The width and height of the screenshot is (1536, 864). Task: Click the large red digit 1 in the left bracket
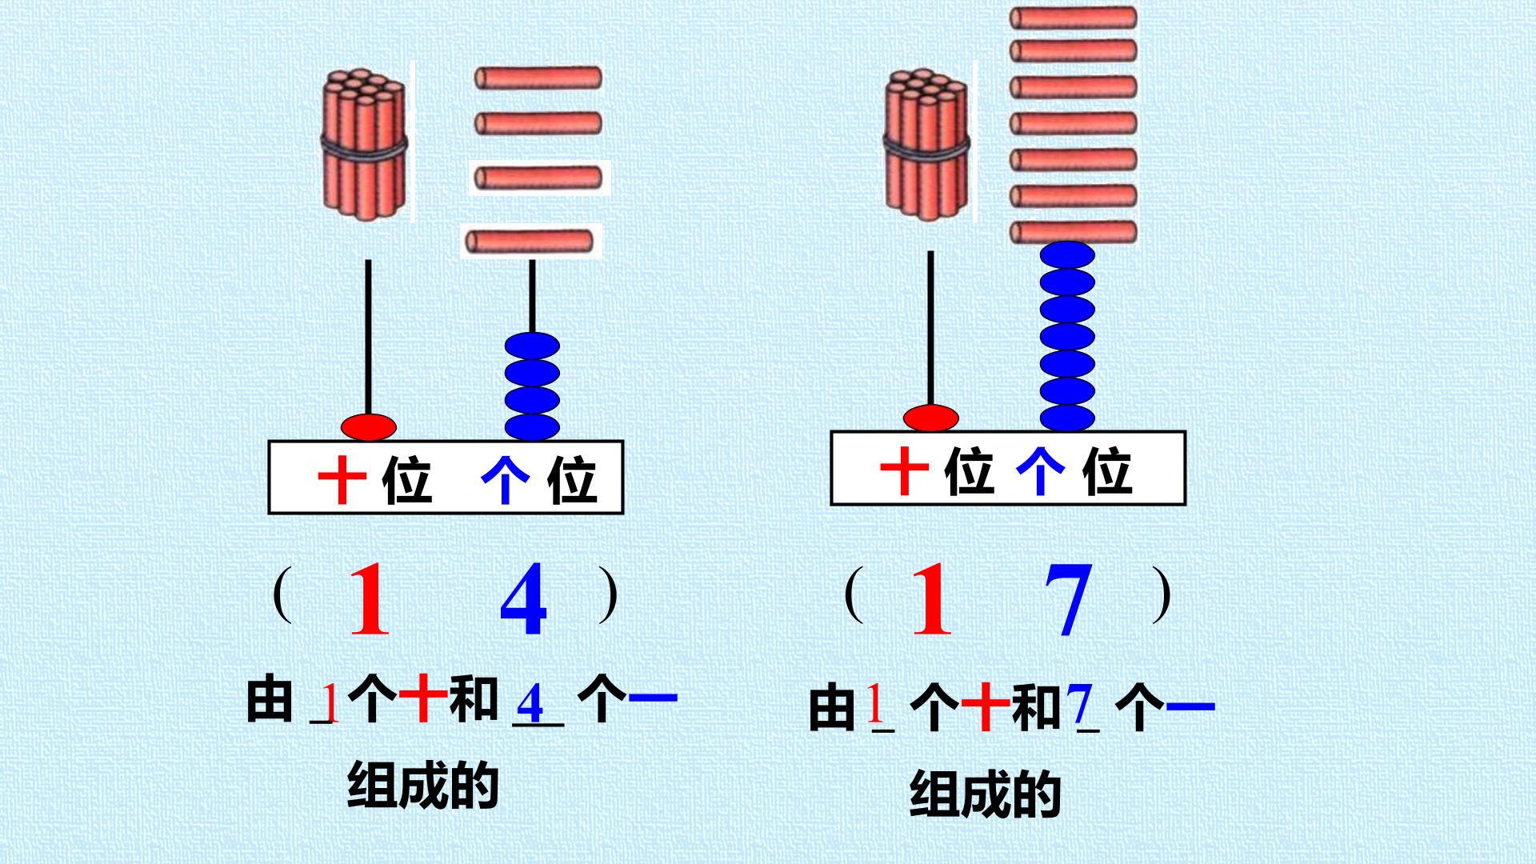[369, 599]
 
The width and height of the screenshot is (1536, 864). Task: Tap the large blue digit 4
[524, 598]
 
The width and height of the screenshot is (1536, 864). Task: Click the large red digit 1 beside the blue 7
[932, 598]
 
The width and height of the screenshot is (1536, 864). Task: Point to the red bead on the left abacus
[369, 426]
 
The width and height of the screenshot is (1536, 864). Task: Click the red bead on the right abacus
[931, 418]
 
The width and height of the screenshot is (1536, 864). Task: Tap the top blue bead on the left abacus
[532, 346]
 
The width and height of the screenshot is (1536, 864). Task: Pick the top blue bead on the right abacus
[1067, 255]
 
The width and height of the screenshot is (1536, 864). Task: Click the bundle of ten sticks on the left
[366, 144]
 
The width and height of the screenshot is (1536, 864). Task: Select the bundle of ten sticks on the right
[927, 144]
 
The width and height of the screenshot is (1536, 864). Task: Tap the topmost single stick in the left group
[538, 78]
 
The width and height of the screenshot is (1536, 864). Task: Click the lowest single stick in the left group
[530, 240]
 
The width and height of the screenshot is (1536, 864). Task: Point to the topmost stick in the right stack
[1073, 18]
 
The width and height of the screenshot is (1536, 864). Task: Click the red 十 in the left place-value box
[342, 482]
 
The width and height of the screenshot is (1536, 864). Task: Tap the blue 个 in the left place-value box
[506, 482]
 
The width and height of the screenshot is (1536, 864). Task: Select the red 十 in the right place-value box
[904, 472]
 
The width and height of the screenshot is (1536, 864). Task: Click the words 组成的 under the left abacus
[423, 786]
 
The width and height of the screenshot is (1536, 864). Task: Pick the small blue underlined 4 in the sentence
[530, 704]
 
